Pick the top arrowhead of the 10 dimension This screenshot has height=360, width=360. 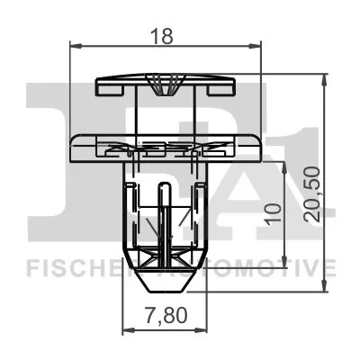click(286, 167)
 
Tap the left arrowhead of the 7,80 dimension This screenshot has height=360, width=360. click(127, 330)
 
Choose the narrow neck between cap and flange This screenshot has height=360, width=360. click(164, 115)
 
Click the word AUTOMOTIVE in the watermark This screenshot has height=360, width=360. click(270, 267)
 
